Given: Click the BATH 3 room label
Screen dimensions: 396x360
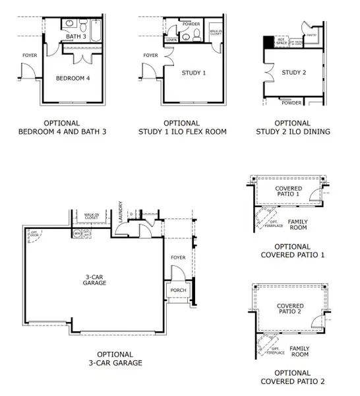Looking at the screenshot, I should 76,36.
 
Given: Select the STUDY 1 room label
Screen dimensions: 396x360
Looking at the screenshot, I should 195,73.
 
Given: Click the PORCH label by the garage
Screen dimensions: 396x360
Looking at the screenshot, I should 178,290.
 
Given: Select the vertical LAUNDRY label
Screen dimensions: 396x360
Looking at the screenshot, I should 121,211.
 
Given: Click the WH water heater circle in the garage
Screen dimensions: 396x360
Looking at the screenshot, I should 77,234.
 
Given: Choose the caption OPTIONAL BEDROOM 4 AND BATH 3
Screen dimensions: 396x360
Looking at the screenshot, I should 62,127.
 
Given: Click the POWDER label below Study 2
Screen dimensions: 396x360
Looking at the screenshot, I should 291,103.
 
